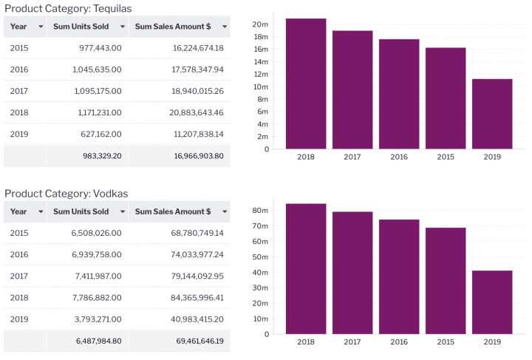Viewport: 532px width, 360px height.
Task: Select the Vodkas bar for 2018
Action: [x=306, y=268]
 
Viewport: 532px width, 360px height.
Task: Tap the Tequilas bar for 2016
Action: [x=399, y=94]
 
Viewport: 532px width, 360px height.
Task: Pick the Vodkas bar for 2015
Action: [x=446, y=281]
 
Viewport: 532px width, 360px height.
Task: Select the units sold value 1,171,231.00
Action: [x=99, y=112]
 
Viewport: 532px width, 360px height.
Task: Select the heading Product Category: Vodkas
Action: [x=66, y=194]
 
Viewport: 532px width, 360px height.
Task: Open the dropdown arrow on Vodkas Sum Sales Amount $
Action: [x=225, y=212]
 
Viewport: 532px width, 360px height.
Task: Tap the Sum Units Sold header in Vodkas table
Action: [x=81, y=211]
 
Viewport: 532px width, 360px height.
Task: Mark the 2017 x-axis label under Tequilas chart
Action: [x=352, y=157]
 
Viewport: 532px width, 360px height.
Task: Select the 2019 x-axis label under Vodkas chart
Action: [x=492, y=342]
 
